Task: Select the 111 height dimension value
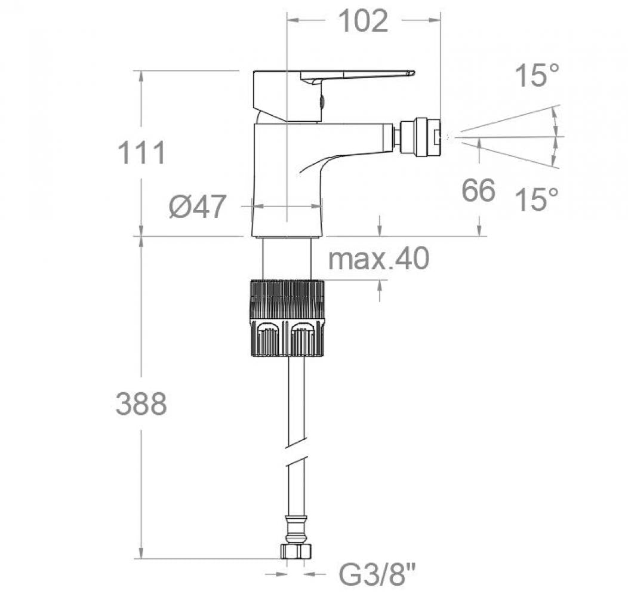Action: point(141,153)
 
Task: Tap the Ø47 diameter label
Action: point(198,207)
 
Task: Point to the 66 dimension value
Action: point(479,190)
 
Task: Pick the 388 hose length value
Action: point(141,404)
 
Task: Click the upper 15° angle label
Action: point(537,76)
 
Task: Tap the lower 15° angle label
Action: point(537,199)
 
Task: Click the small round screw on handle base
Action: point(321,101)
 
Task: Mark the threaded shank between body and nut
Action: point(287,258)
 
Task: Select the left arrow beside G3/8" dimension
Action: point(274,575)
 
